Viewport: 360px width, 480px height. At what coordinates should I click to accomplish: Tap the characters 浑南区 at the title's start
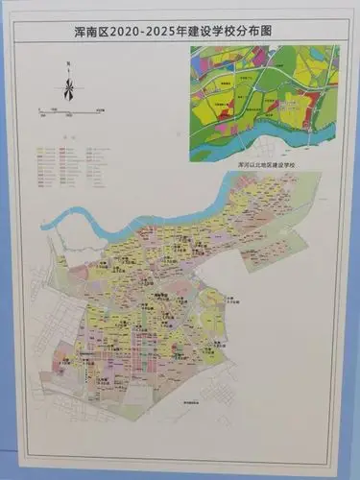tap(87, 32)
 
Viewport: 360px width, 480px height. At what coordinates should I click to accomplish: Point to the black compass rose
tap(69, 88)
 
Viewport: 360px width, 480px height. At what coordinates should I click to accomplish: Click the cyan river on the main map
tap(86, 230)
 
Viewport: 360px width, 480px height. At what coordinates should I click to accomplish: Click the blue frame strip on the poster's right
tap(353, 240)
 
